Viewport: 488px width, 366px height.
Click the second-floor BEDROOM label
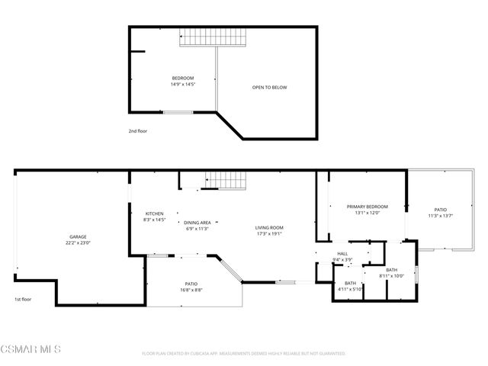pyautogui.click(x=182, y=79)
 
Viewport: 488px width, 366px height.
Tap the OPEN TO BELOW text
pyautogui.click(x=269, y=88)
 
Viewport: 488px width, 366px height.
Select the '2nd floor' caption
pyautogui.click(x=137, y=131)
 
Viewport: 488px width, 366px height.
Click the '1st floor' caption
pyautogui.click(x=23, y=300)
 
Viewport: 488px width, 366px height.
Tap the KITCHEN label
pyautogui.click(x=155, y=213)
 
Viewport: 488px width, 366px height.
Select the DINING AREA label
pyautogui.click(x=197, y=223)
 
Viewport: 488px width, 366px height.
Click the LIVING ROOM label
pyautogui.click(x=269, y=227)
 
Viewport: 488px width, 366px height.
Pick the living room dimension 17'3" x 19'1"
pyautogui.click(x=269, y=233)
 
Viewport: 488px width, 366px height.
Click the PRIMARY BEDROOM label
pyautogui.click(x=368, y=207)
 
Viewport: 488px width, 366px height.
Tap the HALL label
pyautogui.click(x=343, y=255)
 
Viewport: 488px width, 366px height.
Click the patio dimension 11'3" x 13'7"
pyautogui.click(x=441, y=216)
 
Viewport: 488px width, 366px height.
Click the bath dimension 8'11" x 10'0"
pyautogui.click(x=391, y=276)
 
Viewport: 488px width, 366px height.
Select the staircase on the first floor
pyautogui.click(x=226, y=180)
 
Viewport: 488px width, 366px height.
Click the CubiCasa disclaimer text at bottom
pyautogui.click(x=244, y=354)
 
